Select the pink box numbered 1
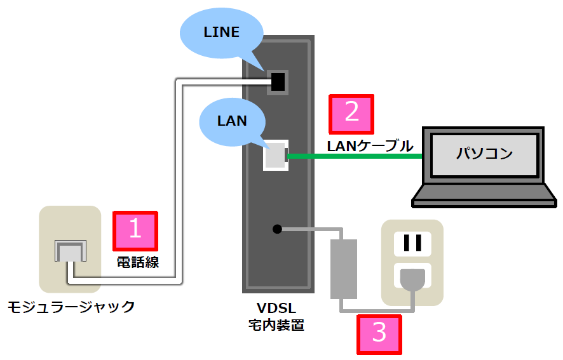[x=135, y=230]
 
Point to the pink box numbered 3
[x=379, y=333]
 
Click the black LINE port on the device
[x=278, y=81]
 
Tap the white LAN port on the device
[x=276, y=155]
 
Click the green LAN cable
[x=356, y=156]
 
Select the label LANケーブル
[x=370, y=145]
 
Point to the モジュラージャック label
[x=71, y=307]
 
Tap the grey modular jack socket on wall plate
[x=69, y=251]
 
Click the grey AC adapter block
[x=344, y=269]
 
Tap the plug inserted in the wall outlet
[x=412, y=281]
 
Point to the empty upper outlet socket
[x=412, y=242]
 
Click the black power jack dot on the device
[x=276, y=229]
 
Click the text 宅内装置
[x=276, y=326]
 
